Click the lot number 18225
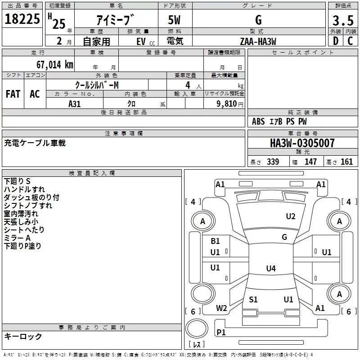(22, 19)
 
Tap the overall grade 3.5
(343, 20)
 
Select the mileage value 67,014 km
(54, 65)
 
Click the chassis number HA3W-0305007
(302, 143)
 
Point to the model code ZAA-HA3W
(258, 41)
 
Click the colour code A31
(74, 104)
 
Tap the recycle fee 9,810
(227, 104)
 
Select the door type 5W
(174, 20)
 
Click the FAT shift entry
(13, 94)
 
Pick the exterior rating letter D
(336, 41)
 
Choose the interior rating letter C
(350, 41)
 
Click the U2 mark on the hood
(290, 216)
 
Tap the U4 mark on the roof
(271, 268)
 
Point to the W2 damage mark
(221, 308)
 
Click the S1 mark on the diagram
(253, 299)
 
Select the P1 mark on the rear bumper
(221, 332)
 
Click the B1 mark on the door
(215, 241)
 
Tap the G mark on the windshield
(284, 237)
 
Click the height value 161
(346, 162)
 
